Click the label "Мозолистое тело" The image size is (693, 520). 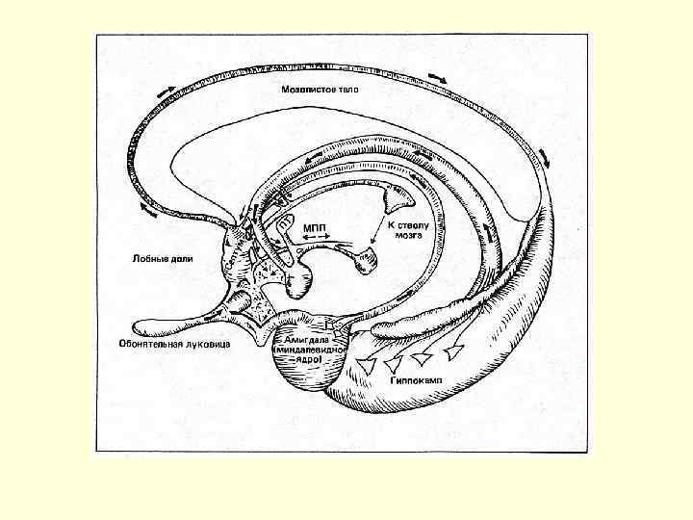point(320,90)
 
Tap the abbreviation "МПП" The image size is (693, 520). point(314,227)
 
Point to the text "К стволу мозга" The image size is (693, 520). point(404,228)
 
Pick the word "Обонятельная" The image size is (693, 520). point(150,344)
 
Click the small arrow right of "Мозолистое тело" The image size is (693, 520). point(438,75)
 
